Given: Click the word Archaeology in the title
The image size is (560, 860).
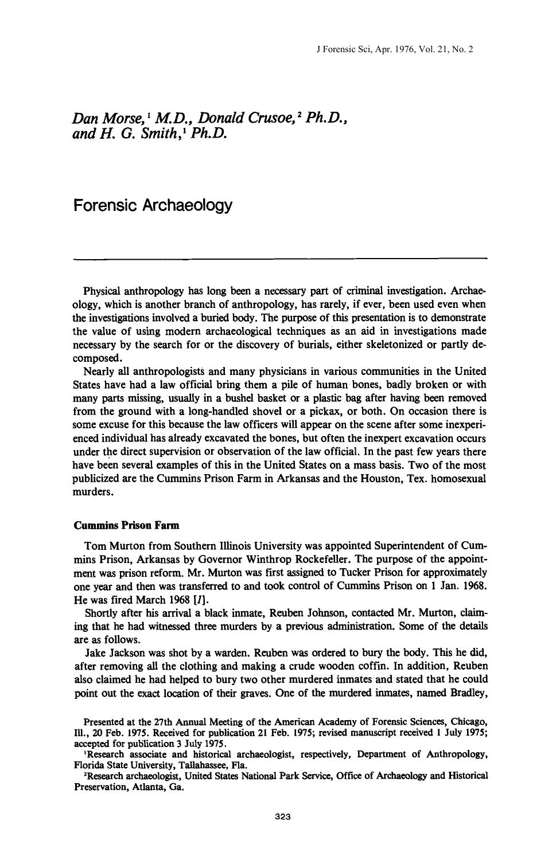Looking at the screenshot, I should [x=193, y=205].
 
